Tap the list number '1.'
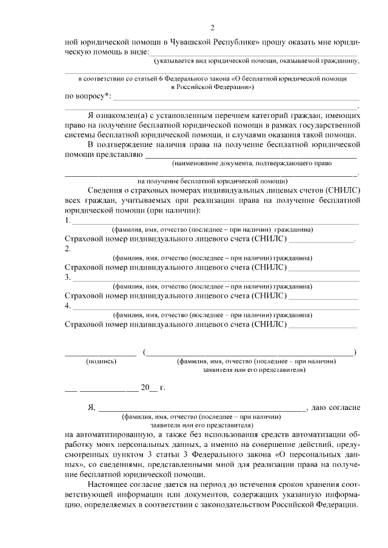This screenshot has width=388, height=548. (x=68, y=220)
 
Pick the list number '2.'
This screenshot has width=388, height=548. (x=68, y=248)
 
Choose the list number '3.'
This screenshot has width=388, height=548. (x=68, y=277)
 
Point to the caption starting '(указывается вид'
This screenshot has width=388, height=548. (x=256, y=61)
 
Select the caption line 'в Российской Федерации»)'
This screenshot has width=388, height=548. (x=212, y=87)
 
